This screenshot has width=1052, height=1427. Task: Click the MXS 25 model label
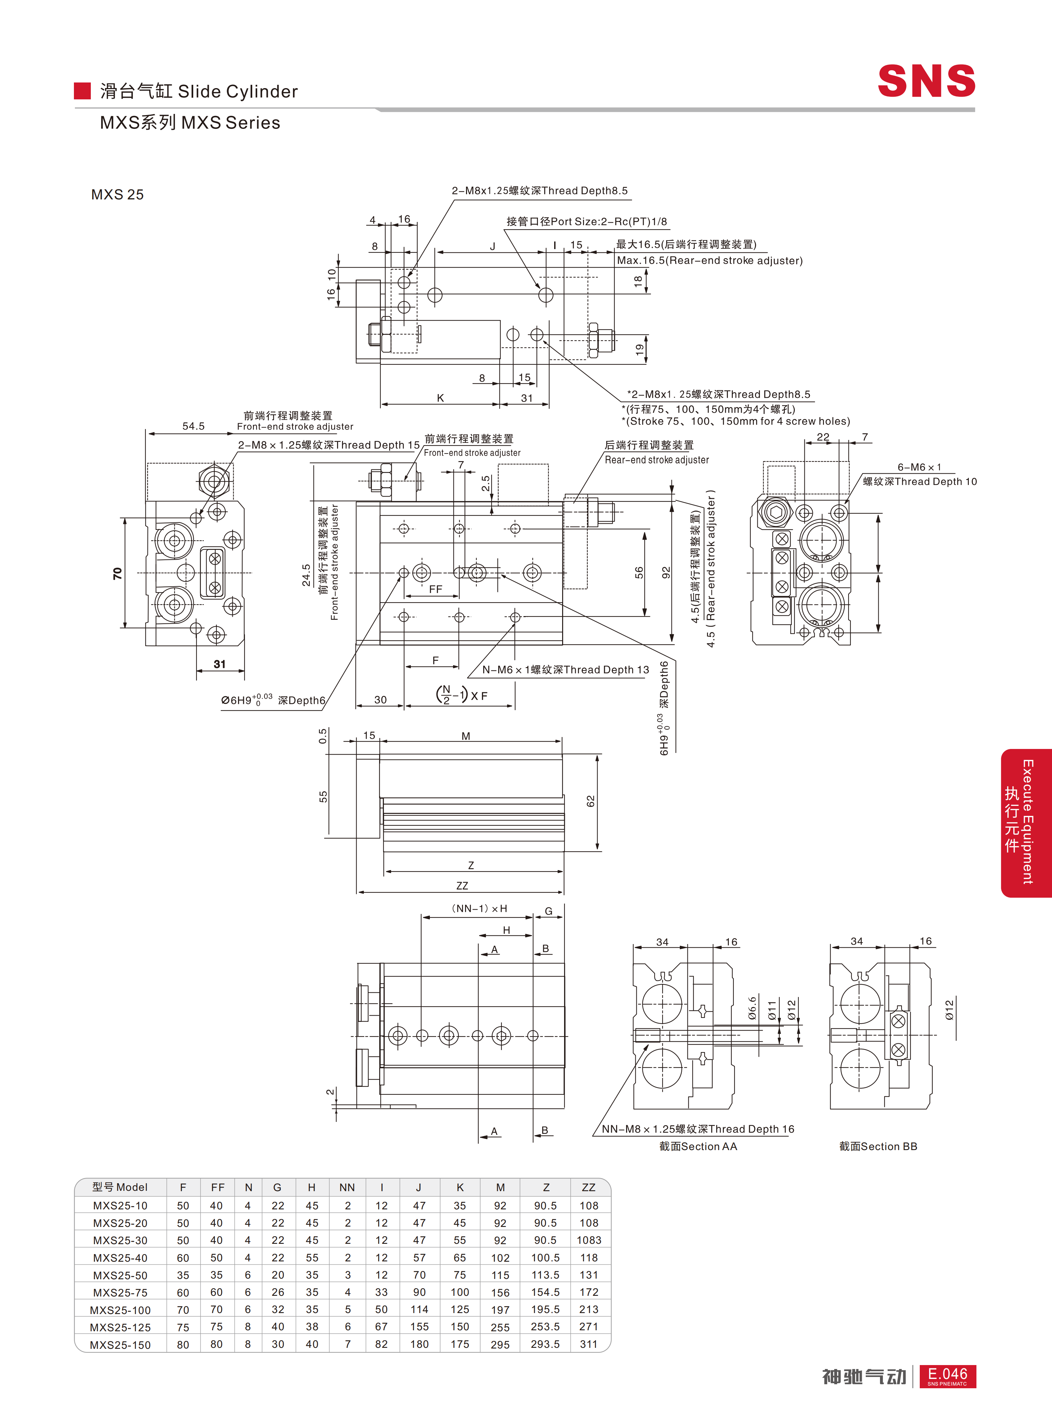(x=117, y=195)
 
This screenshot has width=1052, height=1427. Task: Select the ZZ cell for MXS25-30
(x=588, y=1240)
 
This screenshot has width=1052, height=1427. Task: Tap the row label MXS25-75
(x=120, y=1292)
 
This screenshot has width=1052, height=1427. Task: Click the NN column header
(x=347, y=1187)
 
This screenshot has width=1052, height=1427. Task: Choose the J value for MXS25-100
(x=419, y=1309)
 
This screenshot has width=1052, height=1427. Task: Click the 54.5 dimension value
(x=194, y=426)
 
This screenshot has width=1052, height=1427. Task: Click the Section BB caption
(x=878, y=1146)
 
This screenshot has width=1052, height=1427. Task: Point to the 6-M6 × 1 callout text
(x=919, y=467)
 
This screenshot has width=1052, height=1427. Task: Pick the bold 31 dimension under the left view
(x=220, y=664)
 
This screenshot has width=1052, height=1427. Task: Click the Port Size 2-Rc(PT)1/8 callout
(x=587, y=222)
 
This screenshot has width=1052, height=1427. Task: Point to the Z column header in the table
(x=546, y=1187)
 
